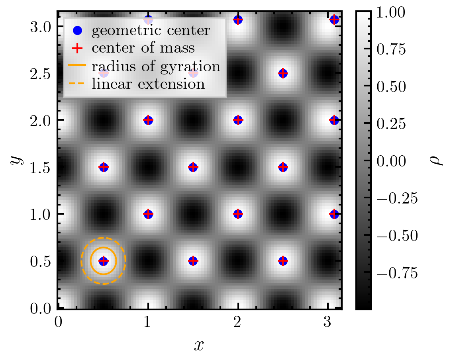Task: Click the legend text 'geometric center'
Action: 151,30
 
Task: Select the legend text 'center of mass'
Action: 143,48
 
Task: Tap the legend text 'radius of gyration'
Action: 156,66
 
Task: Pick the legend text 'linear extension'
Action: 148,84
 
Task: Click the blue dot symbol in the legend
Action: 78,30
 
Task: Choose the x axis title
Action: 199,345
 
